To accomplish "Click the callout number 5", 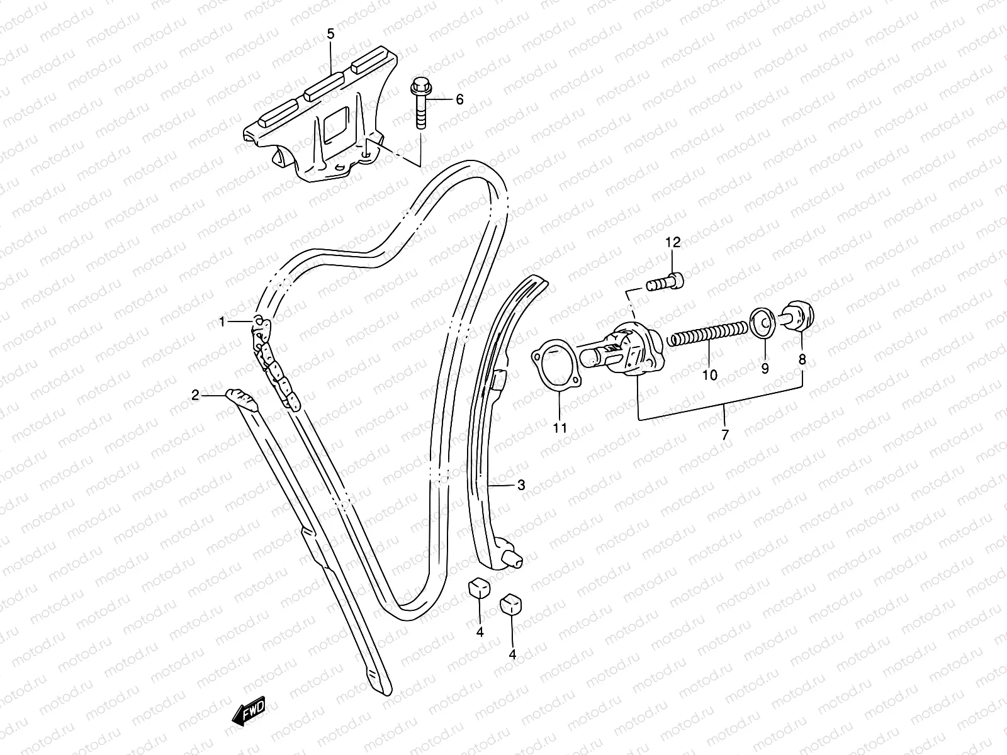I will click(331, 33).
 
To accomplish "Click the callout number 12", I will click(673, 242).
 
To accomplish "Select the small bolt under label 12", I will click(665, 282).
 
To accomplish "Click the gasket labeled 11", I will click(560, 367).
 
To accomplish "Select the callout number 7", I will click(724, 434).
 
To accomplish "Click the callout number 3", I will click(521, 485).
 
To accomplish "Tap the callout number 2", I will click(195, 395).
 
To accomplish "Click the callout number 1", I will click(222, 322).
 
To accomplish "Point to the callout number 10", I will click(709, 376).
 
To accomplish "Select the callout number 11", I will click(560, 428).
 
